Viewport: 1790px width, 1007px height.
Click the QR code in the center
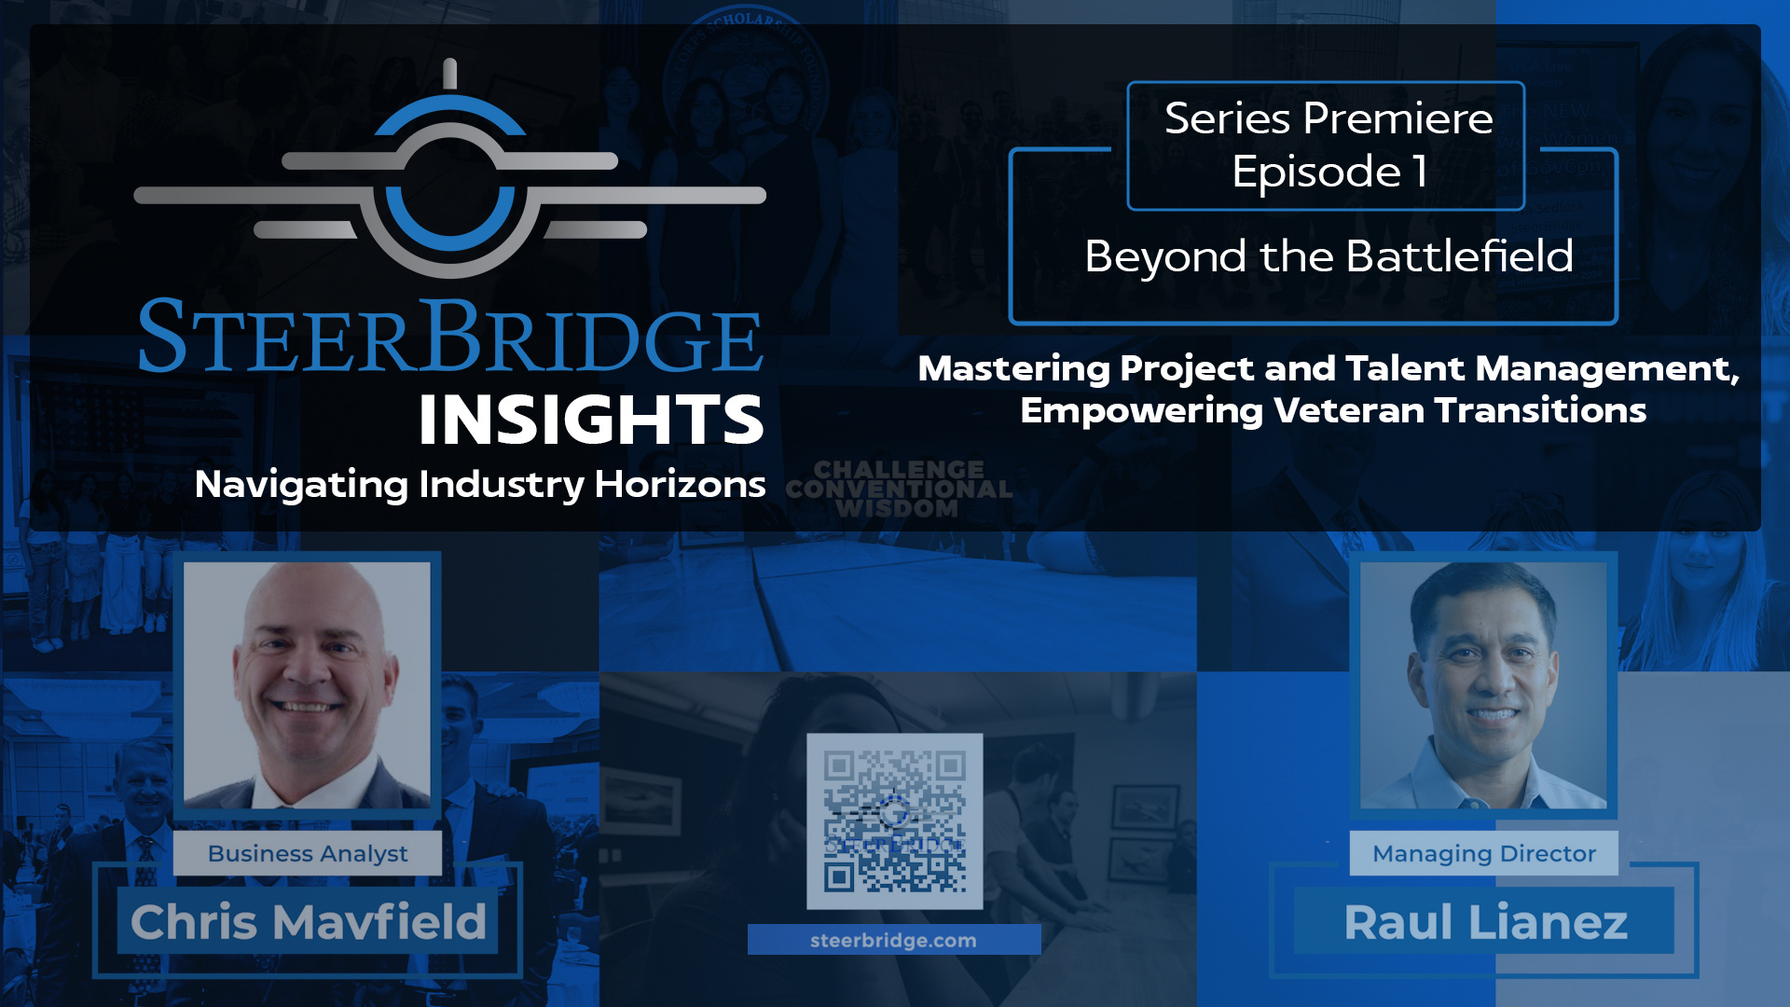(x=894, y=821)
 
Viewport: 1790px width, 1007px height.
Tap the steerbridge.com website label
(x=893, y=940)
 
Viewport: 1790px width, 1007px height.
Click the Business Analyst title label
(x=308, y=853)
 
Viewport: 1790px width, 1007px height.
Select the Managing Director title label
(x=1483, y=853)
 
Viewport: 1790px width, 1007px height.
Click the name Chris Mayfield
(x=308, y=922)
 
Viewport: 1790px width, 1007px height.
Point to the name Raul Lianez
(x=1485, y=922)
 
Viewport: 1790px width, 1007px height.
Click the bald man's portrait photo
(x=307, y=685)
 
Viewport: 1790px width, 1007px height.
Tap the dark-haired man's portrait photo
(x=1482, y=685)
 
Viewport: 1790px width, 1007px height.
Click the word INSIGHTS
(x=591, y=420)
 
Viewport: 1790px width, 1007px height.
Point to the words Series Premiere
(x=1328, y=118)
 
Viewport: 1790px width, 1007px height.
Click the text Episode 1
(x=1328, y=172)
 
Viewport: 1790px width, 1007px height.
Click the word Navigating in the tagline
(x=301, y=485)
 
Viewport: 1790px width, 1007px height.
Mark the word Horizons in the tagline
(x=680, y=485)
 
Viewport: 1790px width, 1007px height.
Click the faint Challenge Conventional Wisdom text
(x=898, y=490)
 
